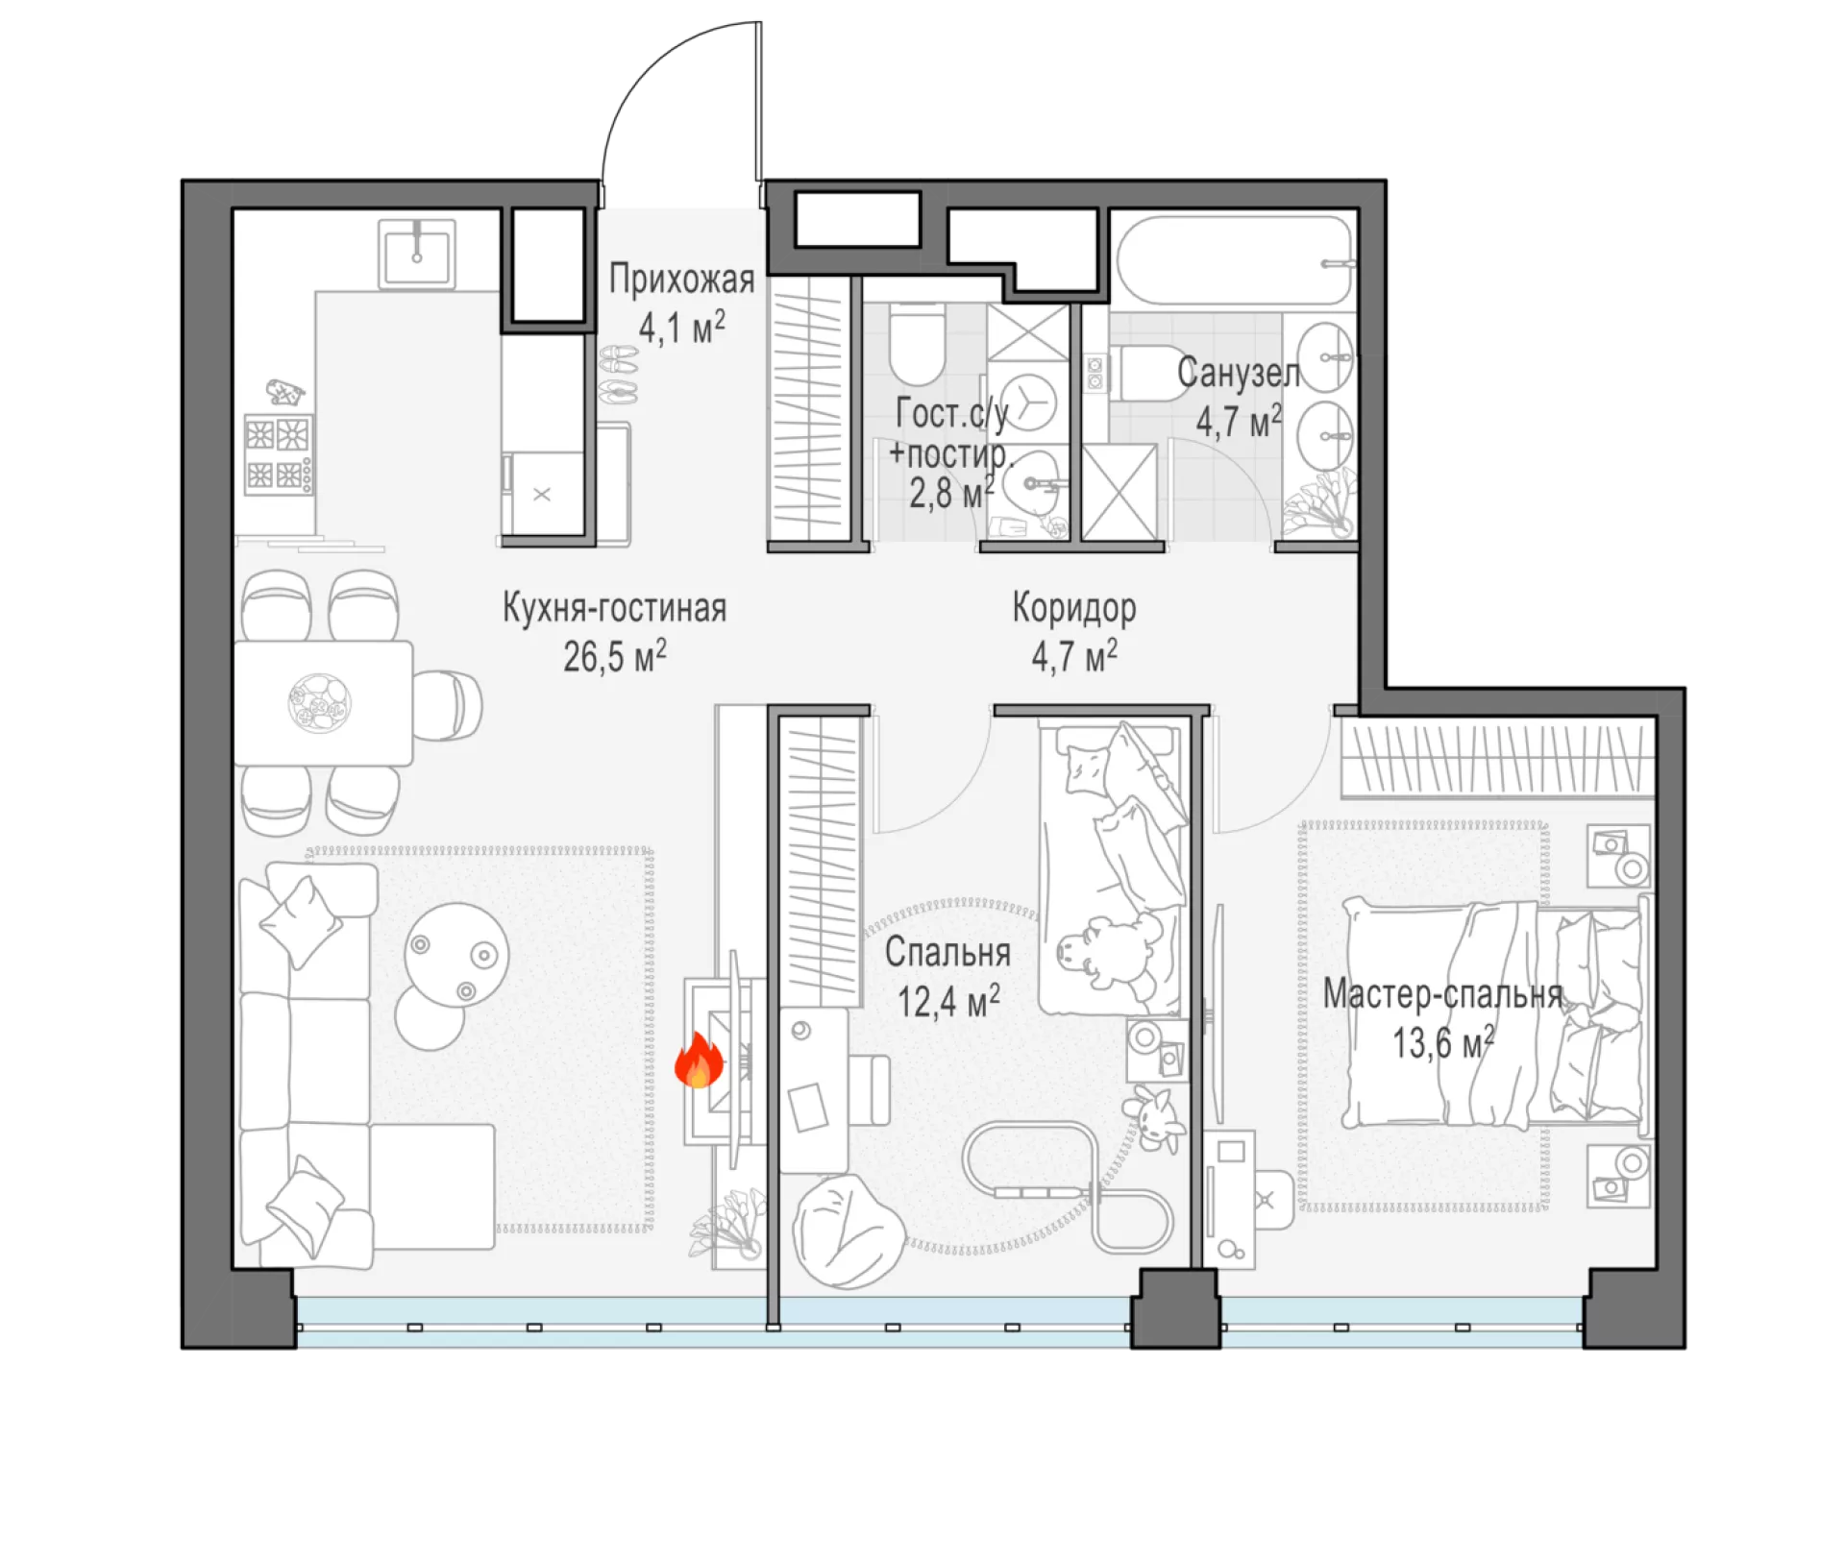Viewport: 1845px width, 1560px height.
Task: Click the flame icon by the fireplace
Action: [x=699, y=1060]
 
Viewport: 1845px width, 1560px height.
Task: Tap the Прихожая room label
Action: [x=681, y=280]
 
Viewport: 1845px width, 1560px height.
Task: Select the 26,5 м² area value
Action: [x=615, y=656]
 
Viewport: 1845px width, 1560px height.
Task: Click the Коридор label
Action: [x=1074, y=608]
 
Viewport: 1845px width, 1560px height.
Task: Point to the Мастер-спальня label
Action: [x=1442, y=994]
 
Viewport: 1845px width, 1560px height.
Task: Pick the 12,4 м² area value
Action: [x=948, y=1001]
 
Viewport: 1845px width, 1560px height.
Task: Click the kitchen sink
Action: [x=417, y=254]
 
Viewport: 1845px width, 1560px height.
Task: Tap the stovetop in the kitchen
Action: [x=279, y=454]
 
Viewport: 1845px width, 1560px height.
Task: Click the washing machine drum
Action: [x=1028, y=402]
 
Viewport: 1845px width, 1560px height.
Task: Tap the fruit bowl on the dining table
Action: [x=319, y=703]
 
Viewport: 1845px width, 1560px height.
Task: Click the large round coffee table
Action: [x=456, y=953]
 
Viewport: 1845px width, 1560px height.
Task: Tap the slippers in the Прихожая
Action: [x=618, y=376]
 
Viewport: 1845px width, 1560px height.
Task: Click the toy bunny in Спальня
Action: [x=1152, y=1117]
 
